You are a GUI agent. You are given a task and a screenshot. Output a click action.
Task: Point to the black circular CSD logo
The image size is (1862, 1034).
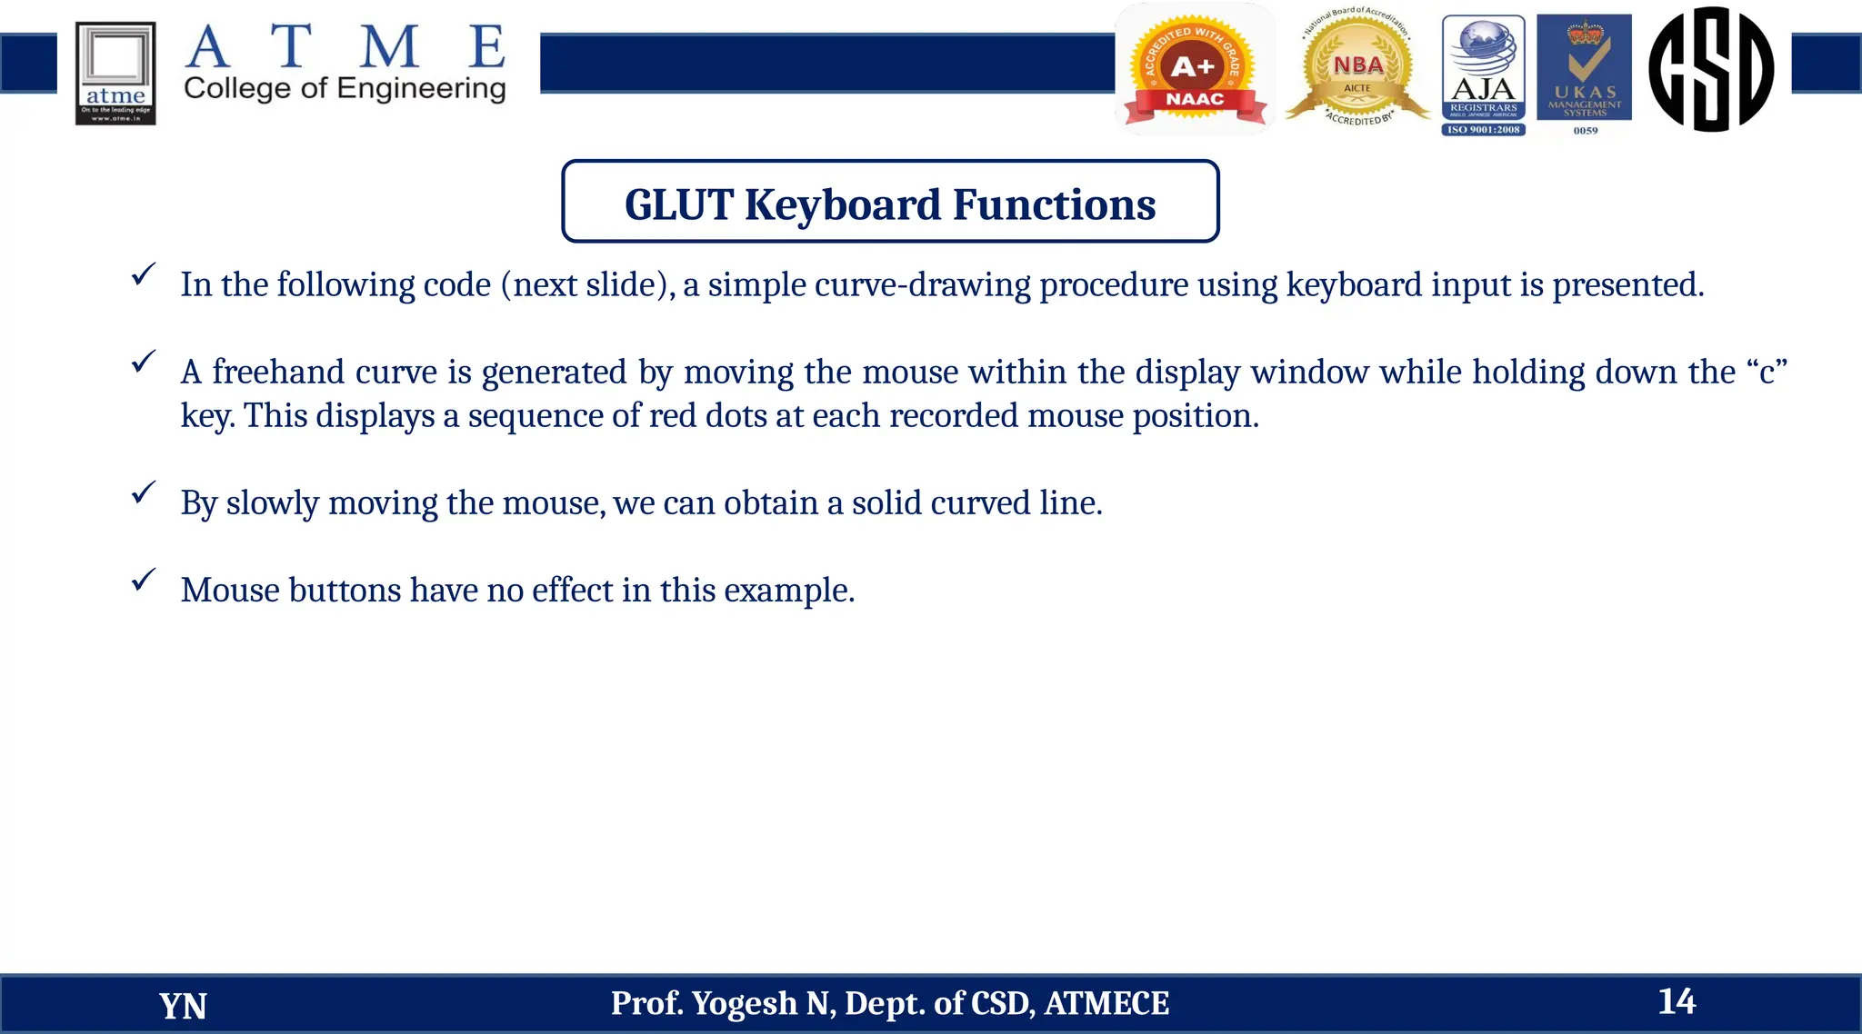[x=1710, y=69]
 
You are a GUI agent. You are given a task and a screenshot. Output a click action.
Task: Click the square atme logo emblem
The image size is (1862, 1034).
[x=115, y=73]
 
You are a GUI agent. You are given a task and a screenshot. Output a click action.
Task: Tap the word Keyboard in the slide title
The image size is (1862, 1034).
[x=843, y=204]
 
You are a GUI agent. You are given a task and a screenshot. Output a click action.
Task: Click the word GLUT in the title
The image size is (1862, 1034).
[x=678, y=204]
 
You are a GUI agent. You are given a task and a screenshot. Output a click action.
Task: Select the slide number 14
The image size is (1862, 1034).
[x=1677, y=1001]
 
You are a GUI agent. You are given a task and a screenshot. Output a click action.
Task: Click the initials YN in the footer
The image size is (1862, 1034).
[x=183, y=1006]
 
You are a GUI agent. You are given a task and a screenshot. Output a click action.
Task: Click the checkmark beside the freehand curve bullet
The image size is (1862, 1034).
[x=143, y=363]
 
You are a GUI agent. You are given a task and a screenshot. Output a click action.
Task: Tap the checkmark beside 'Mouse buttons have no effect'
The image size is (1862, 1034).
[x=143, y=580]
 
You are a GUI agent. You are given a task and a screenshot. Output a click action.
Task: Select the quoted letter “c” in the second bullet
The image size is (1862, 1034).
[x=1767, y=372]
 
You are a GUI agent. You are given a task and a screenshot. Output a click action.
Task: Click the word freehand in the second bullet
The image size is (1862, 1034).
[x=278, y=372]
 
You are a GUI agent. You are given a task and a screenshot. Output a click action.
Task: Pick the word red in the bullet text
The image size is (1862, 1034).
[x=672, y=415]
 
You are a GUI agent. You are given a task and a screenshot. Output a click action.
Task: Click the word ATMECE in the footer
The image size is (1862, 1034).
[x=1106, y=1003]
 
